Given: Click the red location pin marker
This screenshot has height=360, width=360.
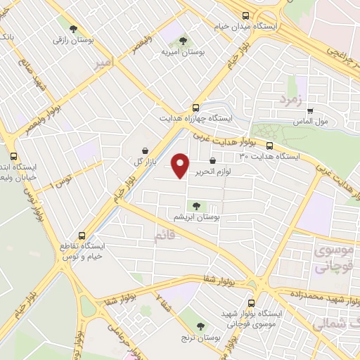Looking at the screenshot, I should click(x=181, y=165).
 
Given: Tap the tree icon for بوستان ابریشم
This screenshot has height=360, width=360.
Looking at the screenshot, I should click(x=195, y=206).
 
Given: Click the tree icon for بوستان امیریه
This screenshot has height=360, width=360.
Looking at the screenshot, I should click(x=184, y=41).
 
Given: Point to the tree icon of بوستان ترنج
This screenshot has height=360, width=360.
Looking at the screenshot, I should click(x=202, y=326).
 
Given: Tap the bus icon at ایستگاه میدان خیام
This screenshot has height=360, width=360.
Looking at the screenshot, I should click(x=245, y=16).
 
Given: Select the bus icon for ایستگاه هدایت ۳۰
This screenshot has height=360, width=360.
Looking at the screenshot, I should click(x=269, y=146).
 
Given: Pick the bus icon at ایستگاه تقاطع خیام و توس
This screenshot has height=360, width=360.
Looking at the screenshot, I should click(x=82, y=236).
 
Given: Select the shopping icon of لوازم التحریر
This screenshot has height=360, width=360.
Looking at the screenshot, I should click(x=212, y=160).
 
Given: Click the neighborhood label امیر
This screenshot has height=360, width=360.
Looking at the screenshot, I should click(x=102, y=63).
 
